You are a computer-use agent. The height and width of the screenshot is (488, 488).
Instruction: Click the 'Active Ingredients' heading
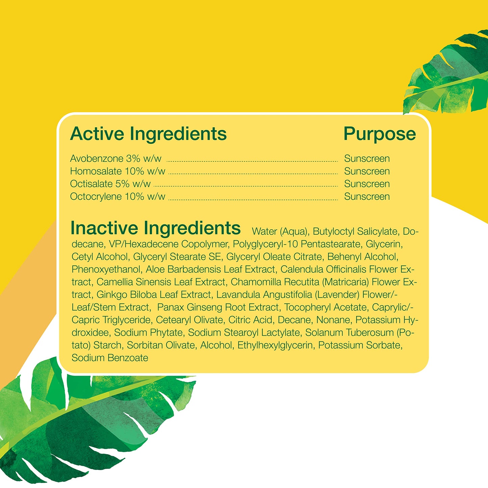coord(148,134)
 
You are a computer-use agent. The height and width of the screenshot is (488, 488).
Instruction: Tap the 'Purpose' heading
coord(380,134)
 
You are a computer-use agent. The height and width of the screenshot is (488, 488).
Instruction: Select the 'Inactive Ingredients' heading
coord(155,228)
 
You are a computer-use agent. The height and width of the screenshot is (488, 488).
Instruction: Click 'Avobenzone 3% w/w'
coord(115,158)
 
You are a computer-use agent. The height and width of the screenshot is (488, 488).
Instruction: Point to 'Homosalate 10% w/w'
coord(118,171)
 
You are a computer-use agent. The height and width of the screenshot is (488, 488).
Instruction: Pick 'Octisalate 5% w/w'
coord(110,184)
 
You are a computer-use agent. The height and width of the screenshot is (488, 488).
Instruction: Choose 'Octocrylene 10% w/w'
coord(118,197)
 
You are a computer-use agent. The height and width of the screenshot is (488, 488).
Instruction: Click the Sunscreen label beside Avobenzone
coord(367,158)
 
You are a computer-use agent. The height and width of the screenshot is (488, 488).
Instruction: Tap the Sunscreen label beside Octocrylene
coord(367,197)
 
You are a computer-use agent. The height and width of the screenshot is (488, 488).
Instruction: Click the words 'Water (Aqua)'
coord(280,232)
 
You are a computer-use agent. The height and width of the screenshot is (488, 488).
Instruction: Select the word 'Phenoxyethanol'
coord(106,269)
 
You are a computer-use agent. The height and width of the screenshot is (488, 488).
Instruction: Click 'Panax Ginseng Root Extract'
coord(218,307)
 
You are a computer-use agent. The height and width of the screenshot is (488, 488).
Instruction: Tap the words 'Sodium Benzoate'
coord(110,358)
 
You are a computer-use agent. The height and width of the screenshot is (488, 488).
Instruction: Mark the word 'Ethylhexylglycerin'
coord(275,345)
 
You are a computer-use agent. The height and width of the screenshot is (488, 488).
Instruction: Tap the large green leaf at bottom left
coord(84,422)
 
